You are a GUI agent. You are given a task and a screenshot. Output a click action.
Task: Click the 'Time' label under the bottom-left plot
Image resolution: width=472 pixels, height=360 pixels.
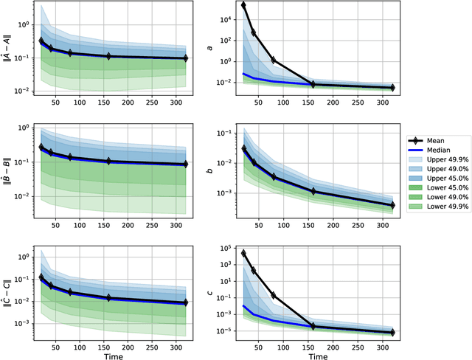124,355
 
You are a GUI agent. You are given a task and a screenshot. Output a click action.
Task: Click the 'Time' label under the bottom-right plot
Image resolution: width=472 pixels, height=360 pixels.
319,355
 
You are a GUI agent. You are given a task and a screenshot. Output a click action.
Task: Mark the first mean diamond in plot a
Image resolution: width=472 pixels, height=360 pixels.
243,5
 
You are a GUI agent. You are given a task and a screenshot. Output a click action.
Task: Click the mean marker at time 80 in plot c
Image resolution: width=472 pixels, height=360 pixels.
273,295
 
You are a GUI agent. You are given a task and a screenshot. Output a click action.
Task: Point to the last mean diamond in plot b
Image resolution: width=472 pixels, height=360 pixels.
392,205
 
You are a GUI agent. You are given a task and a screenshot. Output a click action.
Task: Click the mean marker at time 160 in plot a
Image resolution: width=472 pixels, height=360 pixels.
313,84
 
